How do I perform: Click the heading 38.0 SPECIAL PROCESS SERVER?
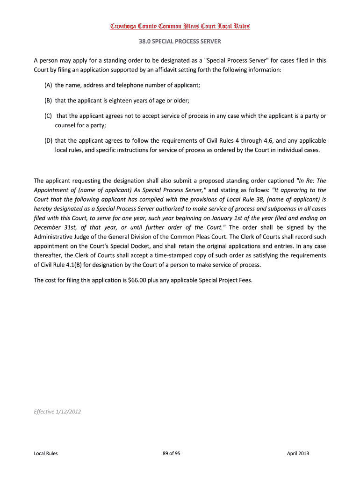point(180,41)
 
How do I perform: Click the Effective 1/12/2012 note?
point(54,412)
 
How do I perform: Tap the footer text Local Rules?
point(46,453)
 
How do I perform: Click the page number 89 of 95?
point(171,453)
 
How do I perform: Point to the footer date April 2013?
point(298,453)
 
